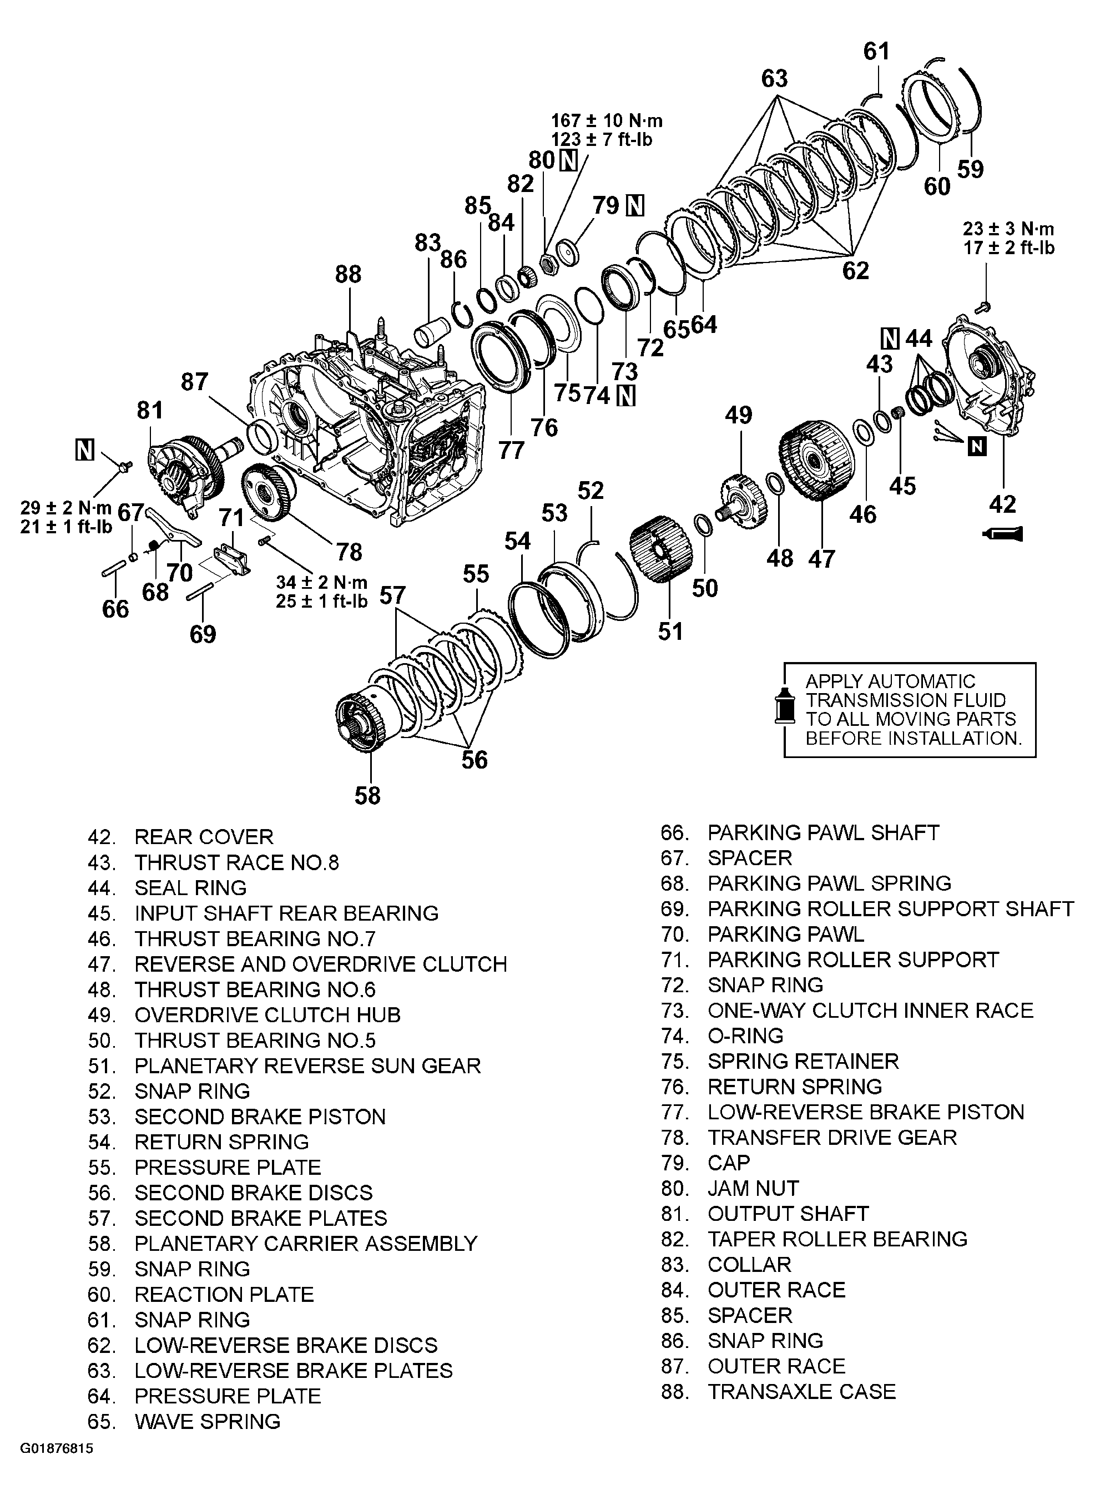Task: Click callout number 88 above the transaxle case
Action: [348, 274]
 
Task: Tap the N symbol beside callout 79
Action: [635, 206]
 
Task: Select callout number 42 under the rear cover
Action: [1002, 504]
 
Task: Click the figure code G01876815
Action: [57, 1467]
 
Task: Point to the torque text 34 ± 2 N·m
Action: [321, 583]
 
